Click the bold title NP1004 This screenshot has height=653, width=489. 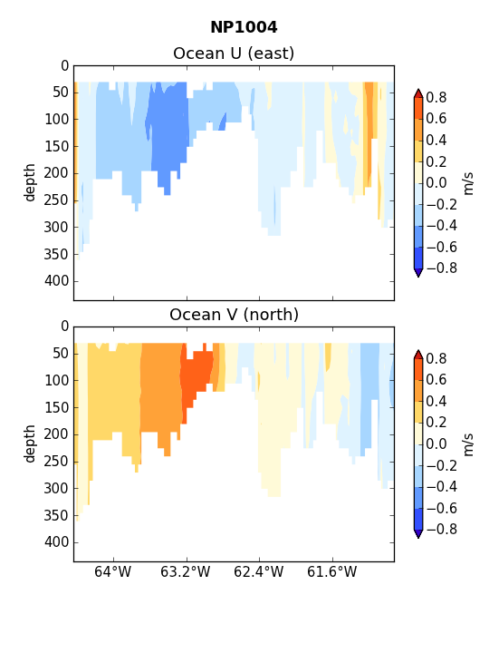[244, 27]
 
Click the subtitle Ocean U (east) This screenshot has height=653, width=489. [234, 54]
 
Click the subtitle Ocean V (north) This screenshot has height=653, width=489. [235, 315]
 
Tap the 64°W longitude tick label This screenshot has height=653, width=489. [112, 571]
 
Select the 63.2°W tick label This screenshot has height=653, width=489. [186, 571]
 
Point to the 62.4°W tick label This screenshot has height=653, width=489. [259, 571]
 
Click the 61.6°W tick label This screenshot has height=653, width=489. [331, 571]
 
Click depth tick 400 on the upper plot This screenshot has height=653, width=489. [56, 281]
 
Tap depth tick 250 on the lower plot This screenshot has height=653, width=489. [56, 462]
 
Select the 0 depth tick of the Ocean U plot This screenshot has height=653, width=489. [64, 66]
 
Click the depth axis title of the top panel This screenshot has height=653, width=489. [30, 182]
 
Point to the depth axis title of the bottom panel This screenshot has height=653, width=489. [30, 443]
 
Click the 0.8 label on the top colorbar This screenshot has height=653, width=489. [436, 97]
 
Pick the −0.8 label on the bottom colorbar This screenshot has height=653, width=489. [442, 530]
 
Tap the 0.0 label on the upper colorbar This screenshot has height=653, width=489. [436, 183]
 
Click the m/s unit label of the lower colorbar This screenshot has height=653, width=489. [469, 444]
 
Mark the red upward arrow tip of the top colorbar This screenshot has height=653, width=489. [418, 89]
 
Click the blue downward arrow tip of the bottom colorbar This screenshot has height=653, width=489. [418, 538]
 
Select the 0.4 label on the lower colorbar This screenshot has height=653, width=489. [436, 401]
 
